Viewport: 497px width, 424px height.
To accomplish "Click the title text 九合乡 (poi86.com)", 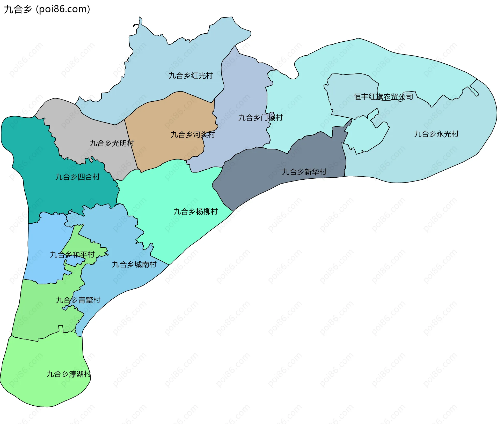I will tap(47, 9).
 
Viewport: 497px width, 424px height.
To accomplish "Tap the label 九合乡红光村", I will tap(191, 75).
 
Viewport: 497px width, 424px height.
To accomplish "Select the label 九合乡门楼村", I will tap(260, 118).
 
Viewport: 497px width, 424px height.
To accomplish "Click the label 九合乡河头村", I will tap(193, 134).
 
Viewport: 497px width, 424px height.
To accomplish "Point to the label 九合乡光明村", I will tap(112, 143).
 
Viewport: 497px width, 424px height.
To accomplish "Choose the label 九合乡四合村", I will tap(77, 177).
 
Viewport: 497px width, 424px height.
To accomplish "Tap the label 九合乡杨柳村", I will tap(195, 211).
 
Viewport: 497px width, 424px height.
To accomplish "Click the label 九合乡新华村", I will tap(304, 172).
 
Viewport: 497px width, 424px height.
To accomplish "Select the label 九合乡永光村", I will tap(436, 134).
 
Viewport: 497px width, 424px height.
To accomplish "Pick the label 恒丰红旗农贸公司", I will tap(383, 97).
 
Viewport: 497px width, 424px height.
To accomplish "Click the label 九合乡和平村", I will tap(72, 255).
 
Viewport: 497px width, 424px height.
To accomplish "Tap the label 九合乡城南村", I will tap(134, 264).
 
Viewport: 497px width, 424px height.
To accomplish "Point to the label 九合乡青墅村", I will tap(78, 300).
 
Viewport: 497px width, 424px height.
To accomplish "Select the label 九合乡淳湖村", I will tap(69, 374).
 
